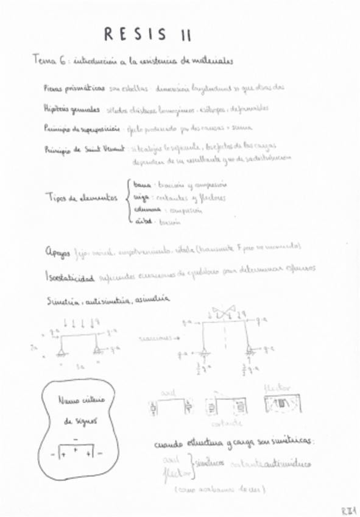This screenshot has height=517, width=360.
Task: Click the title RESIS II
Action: coord(147,35)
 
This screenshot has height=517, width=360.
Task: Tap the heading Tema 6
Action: coord(51,61)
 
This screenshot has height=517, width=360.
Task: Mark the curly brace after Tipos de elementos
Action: coord(126,202)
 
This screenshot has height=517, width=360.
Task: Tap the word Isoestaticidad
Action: coord(69,277)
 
